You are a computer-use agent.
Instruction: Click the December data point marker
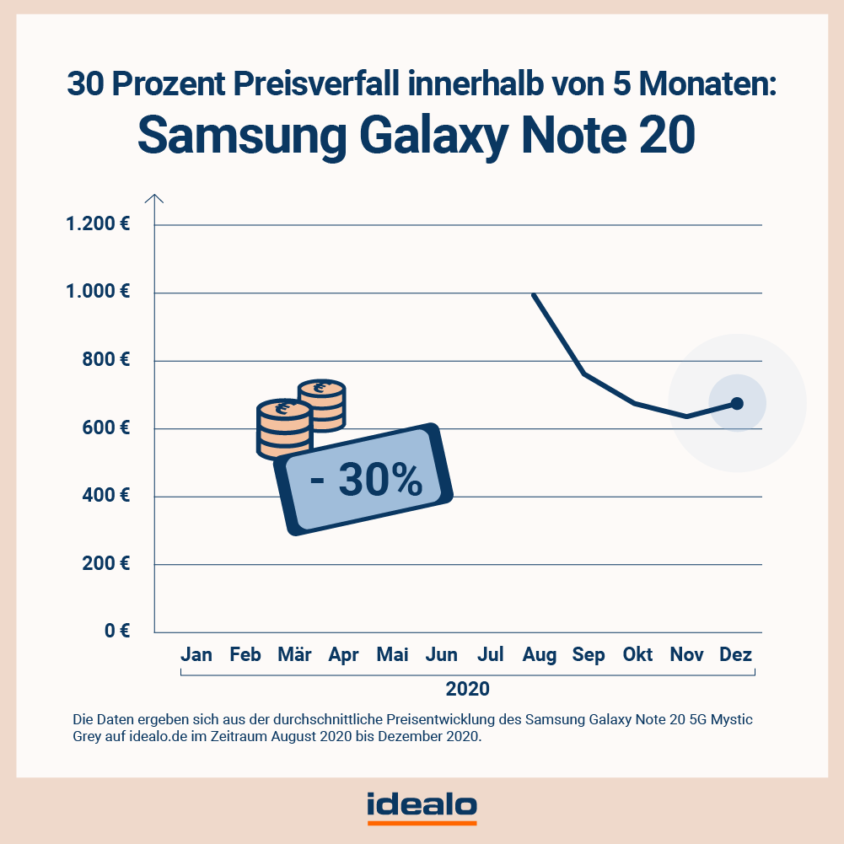[x=737, y=403]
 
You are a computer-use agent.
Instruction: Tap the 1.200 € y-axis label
[x=98, y=225]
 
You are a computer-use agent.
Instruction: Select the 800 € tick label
[x=105, y=360]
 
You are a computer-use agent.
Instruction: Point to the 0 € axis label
[x=116, y=632]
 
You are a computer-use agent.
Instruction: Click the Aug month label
[x=540, y=655]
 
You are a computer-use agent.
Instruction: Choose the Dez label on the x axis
[x=735, y=655]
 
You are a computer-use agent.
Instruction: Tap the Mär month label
[x=295, y=655]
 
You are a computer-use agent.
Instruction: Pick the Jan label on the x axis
[x=196, y=655]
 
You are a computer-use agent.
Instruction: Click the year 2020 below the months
[x=467, y=688]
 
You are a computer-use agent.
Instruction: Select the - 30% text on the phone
[x=366, y=481]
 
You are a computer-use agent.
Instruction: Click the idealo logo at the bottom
[x=422, y=806]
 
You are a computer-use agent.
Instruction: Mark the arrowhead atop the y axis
[x=154, y=199]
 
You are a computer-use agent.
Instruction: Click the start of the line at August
[x=533, y=294]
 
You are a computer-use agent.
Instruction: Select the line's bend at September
[x=584, y=373]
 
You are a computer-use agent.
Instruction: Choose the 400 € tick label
[x=105, y=496]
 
